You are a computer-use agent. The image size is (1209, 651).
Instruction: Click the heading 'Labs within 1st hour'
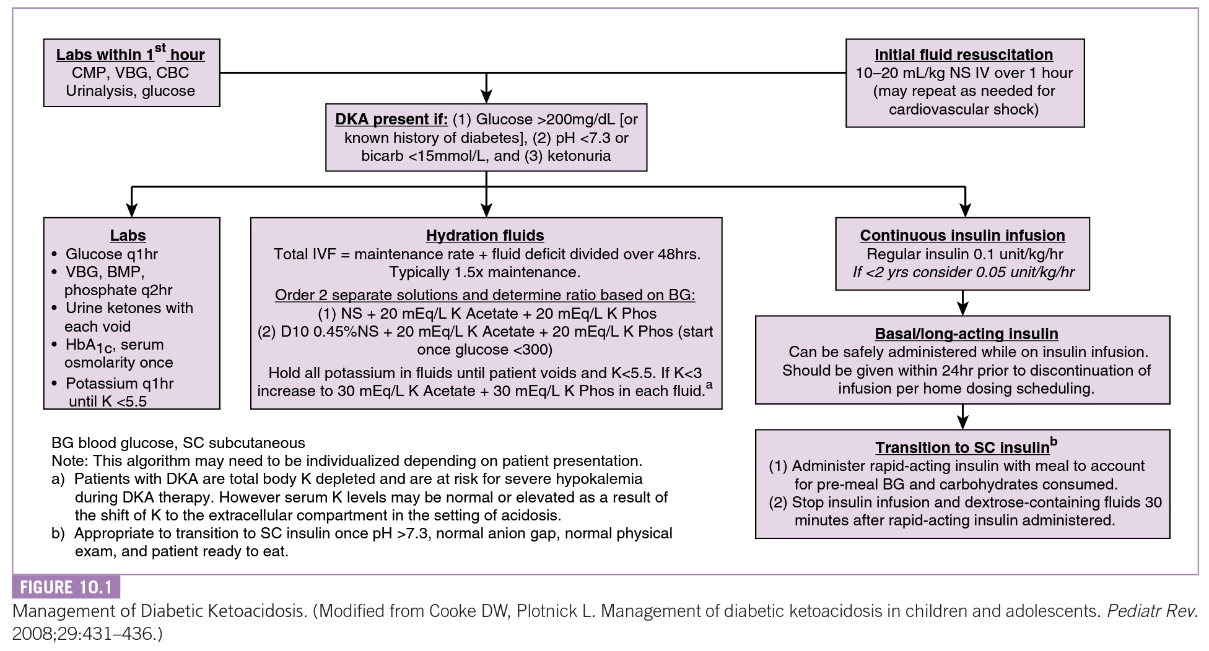[x=130, y=54]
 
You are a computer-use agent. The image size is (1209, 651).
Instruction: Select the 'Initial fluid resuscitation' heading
[x=963, y=54]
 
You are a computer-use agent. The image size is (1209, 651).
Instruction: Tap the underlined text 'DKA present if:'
[x=391, y=119]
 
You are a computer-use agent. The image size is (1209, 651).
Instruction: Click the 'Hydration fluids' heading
[x=485, y=235]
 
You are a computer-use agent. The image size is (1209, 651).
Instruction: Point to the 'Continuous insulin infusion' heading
[x=962, y=235]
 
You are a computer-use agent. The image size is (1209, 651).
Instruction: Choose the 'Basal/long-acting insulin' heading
[x=966, y=334]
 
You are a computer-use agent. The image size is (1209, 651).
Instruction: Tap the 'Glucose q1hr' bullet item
[x=111, y=254]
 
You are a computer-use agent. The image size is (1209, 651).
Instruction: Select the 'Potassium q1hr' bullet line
[x=119, y=383]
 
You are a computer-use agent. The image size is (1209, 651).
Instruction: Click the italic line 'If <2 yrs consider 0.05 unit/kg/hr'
[x=963, y=272]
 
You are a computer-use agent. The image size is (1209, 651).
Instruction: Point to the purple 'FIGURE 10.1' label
[x=66, y=587]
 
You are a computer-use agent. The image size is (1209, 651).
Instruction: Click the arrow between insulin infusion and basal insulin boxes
[x=962, y=303]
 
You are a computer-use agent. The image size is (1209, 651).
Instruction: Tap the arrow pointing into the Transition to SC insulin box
[x=962, y=417]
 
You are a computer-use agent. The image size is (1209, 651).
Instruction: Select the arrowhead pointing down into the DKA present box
[x=486, y=95]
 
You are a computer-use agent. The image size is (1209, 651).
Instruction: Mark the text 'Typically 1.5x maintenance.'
[x=484, y=272]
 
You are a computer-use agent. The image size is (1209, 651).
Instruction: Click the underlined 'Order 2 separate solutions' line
[x=484, y=295]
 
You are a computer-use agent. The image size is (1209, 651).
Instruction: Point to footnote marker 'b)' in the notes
[x=58, y=533]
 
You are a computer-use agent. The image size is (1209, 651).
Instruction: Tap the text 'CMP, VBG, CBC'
[x=130, y=72]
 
